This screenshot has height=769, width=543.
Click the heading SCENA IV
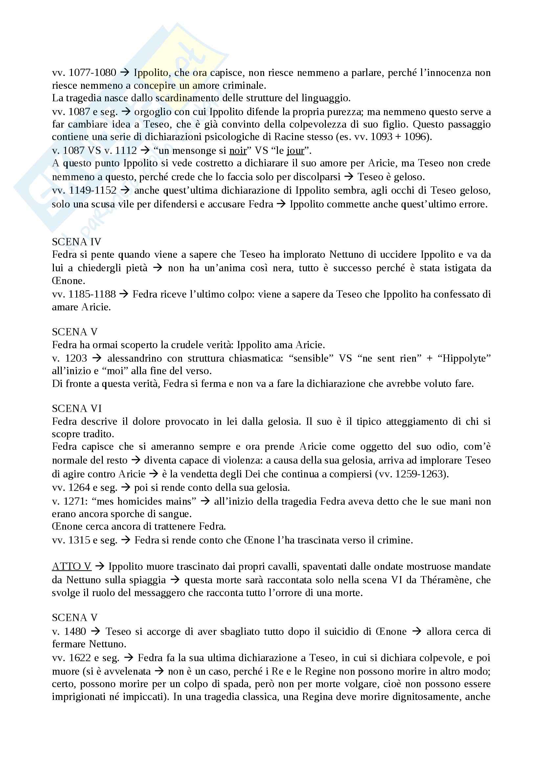(x=76, y=242)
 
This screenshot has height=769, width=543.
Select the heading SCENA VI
(x=77, y=408)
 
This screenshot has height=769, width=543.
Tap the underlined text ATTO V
(x=72, y=566)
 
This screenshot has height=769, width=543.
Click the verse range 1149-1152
(x=93, y=190)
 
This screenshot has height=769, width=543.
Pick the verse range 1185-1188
(x=92, y=294)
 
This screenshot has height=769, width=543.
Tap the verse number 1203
(x=76, y=358)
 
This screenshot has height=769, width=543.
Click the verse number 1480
(x=75, y=631)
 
